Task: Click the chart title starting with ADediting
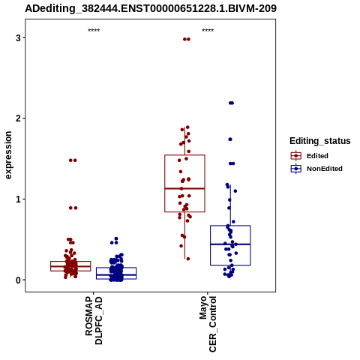coord(151,8)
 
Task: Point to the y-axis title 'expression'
coord(8,155)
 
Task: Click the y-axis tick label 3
coord(18,38)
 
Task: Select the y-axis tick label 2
coord(18,118)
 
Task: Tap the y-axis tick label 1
coord(18,199)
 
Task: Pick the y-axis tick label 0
coord(18,280)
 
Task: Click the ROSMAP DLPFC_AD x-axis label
coord(94,320)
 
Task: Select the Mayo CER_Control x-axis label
coord(208,324)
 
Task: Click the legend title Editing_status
coord(320,141)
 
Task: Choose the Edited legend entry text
coord(317,156)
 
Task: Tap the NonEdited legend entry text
coord(325,169)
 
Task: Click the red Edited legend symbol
coord(296,156)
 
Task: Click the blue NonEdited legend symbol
coord(296,169)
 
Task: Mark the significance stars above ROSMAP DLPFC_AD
coord(94,31)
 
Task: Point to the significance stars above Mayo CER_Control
coord(208,31)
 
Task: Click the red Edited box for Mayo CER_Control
coord(184,155)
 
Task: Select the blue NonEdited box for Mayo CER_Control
coord(230,226)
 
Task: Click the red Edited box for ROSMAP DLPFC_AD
coord(70,262)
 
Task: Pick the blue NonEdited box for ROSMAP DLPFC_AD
coord(116,268)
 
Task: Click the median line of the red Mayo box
coord(184,188)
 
